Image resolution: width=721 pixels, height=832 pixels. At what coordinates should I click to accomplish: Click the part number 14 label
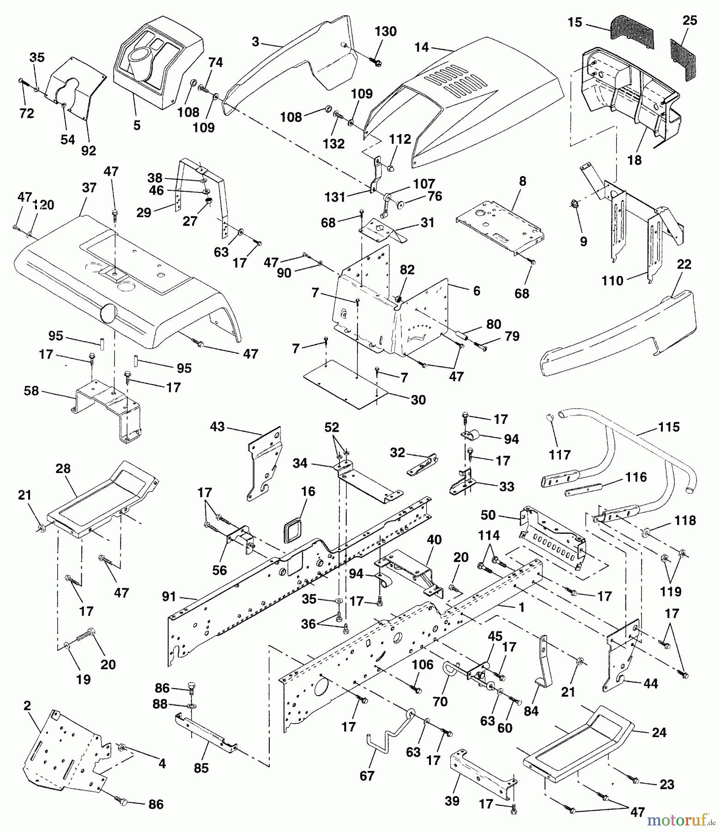pos(421,47)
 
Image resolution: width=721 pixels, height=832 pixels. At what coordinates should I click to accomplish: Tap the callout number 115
pos(669,427)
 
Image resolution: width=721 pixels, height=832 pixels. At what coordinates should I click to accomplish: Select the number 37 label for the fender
pos(89,188)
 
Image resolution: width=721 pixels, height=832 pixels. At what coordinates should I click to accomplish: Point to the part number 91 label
pos(169,597)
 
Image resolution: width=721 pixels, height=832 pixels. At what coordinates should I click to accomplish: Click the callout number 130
pos(385,31)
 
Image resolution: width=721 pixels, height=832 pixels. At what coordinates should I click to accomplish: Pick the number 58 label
pos(31,391)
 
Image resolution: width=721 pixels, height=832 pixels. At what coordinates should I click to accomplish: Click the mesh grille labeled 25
pos(683,59)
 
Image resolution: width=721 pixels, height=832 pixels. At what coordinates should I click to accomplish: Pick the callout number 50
pos(488,514)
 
